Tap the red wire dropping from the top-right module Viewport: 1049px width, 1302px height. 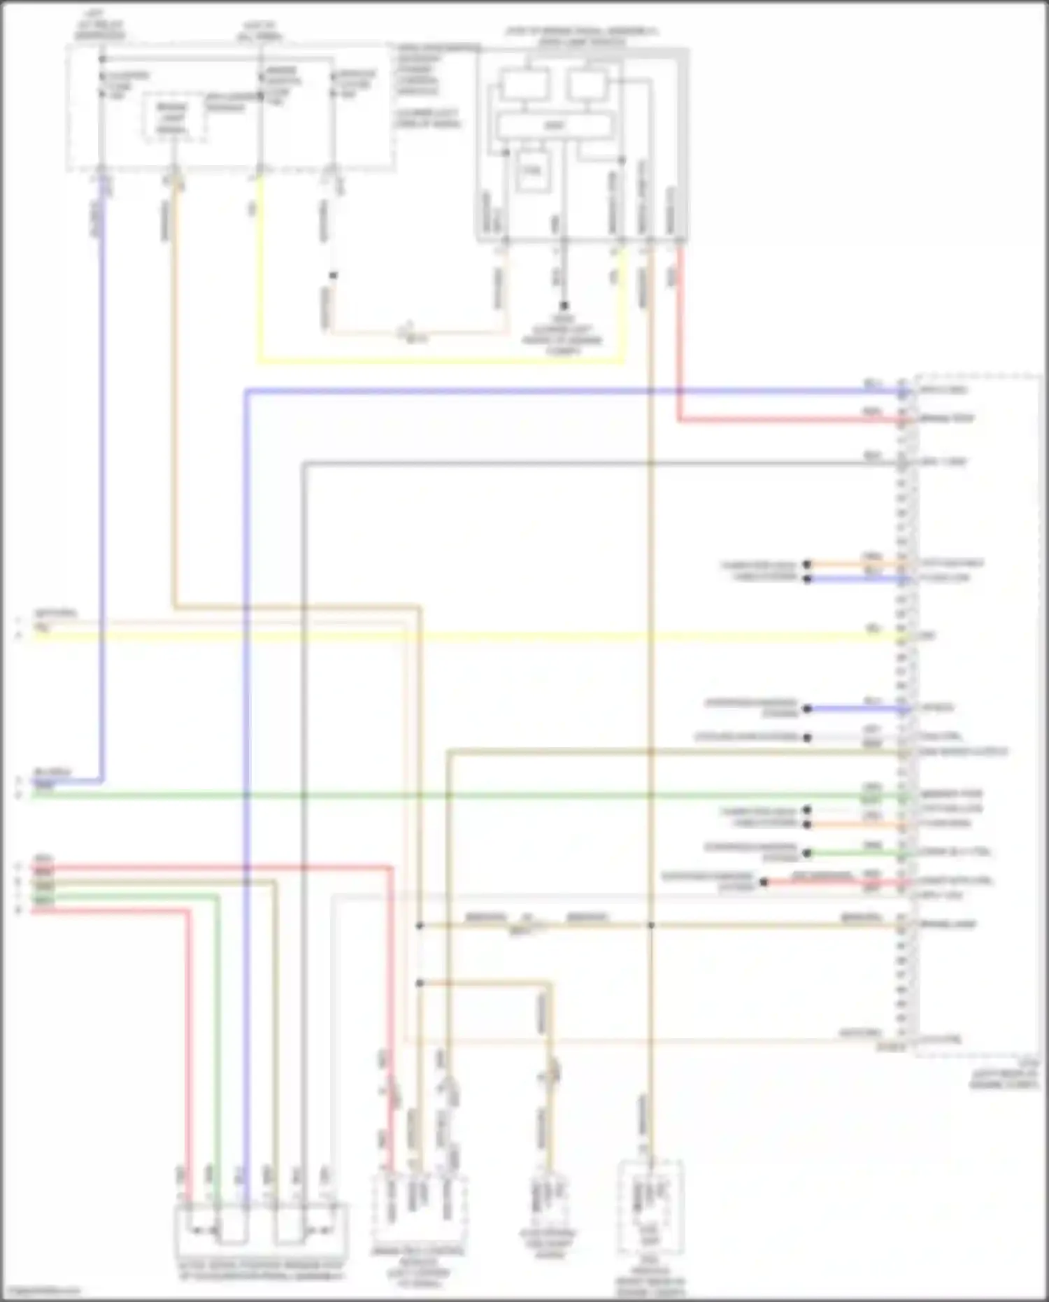[678, 336]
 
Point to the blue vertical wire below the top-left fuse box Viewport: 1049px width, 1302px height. [103, 490]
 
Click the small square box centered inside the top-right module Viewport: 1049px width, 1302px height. [531, 171]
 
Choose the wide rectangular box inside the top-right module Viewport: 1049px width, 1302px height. [554, 126]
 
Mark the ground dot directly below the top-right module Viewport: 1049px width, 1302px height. [564, 306]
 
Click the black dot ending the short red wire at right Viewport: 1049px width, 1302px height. [764, 883]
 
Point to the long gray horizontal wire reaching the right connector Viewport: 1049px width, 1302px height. [601, 463]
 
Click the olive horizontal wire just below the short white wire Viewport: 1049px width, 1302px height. [671, 752]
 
